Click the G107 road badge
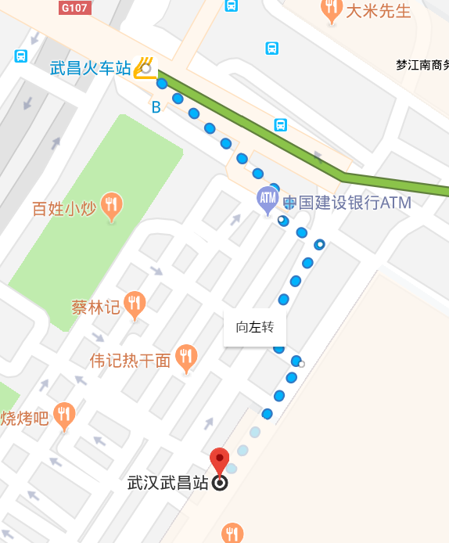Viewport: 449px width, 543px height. [x=75, y=8]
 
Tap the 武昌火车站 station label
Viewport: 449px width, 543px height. [x=91, y=68]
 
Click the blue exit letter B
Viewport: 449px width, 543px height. [x=156, y=107]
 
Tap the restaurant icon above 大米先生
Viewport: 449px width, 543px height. [x=332, y=9]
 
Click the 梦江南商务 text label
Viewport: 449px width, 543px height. [x=422, y=66]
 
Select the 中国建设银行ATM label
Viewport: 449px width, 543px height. [x=347, y=203]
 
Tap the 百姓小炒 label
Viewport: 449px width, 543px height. [x=64, y=209]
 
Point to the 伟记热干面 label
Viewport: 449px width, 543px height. [x=130, y=361]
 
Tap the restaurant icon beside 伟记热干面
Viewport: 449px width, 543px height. [x=185, y=358]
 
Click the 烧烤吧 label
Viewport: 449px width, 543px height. [x=24, y=419]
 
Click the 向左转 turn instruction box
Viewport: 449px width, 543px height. [x=255, y=327]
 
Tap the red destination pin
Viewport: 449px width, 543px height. [x=220, y=461]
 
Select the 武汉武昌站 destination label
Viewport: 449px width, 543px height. [x=169, y=484]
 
